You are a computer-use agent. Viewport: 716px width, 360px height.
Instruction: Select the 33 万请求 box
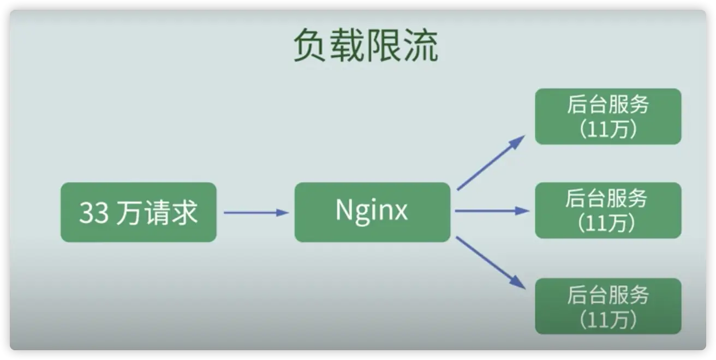tap(138, 212)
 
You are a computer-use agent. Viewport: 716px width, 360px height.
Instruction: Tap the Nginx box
tap(372, 212)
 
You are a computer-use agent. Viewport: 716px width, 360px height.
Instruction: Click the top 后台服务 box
tap(607, 117)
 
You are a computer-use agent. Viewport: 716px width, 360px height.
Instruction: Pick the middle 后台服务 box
tap(607, 211)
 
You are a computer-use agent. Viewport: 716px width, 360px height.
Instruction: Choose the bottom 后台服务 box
tap(607, 306)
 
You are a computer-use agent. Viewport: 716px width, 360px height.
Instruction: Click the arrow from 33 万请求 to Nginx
tap(255, 212)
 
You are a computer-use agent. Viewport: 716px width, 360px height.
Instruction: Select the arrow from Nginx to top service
tap(490, 163)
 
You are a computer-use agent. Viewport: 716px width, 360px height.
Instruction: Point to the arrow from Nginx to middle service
tap(491, 211)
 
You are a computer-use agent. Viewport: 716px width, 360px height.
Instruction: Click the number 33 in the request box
tap(94, 213)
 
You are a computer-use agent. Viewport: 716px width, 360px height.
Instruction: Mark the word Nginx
tap(372, 211)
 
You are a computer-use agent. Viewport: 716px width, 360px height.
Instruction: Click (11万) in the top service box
tap(608, 130)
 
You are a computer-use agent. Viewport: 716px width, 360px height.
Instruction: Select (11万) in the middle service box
tap(608, 224)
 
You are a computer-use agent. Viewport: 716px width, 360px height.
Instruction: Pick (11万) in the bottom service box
tap(608, 320)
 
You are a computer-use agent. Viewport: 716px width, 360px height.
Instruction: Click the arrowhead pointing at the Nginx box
tap(282, 212)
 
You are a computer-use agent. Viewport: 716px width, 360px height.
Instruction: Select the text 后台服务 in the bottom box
tap(607, 295)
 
